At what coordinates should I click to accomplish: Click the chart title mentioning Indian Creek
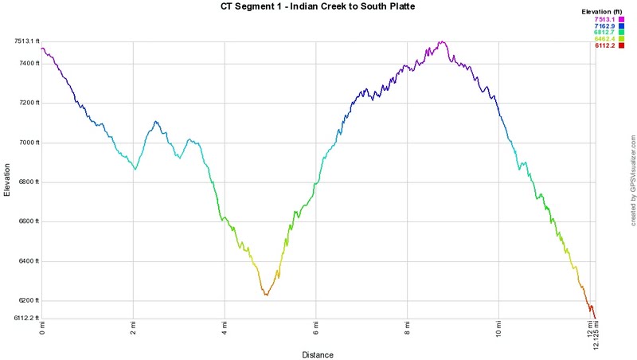(318, 7)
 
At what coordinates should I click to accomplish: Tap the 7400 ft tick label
(26, 63)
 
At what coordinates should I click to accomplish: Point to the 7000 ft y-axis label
(26, 143)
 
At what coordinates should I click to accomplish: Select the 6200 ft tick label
(26, 301)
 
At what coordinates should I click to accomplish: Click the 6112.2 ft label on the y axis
(24, 319)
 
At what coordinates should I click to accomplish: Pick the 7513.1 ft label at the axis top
(24, 41)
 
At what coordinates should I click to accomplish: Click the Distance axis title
(318, 354)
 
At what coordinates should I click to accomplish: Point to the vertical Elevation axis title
(8, 179)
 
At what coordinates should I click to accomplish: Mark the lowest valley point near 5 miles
(267, 295)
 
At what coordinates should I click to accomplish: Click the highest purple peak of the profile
(440, 41)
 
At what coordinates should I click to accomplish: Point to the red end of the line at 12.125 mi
(596, 318)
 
